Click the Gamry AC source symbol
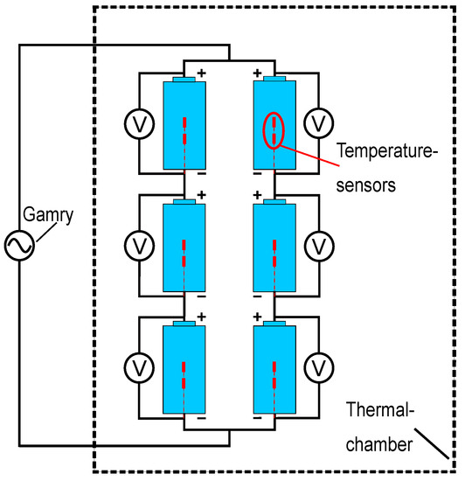click(x=18, y=247)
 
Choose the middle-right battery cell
click(x=274, y=247)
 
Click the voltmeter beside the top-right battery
click(x=318, y=122)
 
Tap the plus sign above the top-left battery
click(x=202, y=73)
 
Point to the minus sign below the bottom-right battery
click(x=257, y=420)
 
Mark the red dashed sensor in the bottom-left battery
click(x=184, y=374)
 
